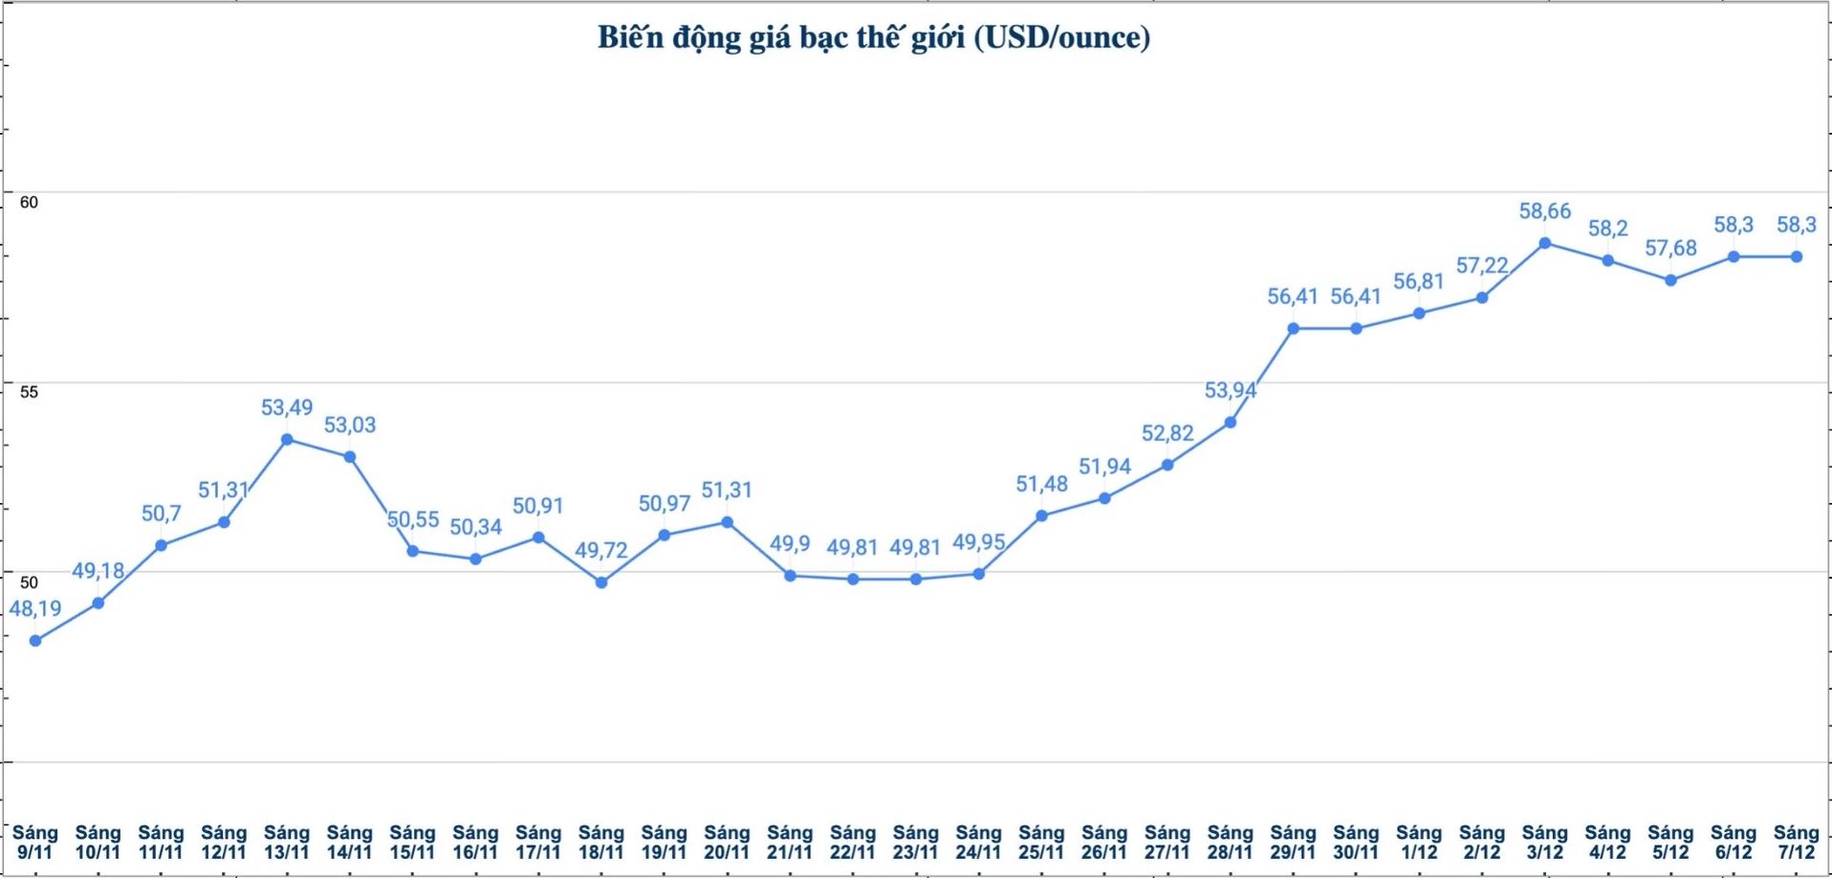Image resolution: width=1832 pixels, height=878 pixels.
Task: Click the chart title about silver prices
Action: click(x=874, y=37)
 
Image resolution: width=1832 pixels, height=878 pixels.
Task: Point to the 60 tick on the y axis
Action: click(x=29, y=202)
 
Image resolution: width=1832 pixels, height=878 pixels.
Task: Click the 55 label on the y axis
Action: click(x=29, y=392)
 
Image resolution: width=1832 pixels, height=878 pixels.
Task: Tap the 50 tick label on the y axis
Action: click(x=29, y=582)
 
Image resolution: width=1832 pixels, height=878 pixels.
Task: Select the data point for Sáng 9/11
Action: click(x=35, y=641)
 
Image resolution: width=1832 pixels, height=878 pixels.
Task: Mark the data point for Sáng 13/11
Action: click(x=287, y=440)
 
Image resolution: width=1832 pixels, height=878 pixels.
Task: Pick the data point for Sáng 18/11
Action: click(x=601, y=582)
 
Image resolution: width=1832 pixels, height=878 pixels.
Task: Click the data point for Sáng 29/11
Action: click(x=1293, y=329)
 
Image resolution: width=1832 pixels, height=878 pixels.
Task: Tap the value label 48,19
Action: click(x=35, y=608)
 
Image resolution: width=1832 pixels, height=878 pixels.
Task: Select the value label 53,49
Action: click(x=287, y=407)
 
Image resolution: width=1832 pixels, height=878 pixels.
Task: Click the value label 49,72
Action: click(x=601, y=550)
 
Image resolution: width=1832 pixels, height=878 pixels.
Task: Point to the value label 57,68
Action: click(x=1670, y=249)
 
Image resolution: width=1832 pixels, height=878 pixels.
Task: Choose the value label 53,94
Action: click(x=1230, y=390)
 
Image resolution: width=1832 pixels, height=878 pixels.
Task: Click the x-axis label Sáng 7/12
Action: click(x=1796, y=842)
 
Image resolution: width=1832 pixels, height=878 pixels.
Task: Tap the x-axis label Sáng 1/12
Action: click(x=1419, y=842)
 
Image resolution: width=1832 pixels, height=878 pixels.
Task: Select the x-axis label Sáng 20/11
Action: click(x=727, y=842)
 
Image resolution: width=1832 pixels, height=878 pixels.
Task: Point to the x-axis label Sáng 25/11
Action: click(x=1041, y=842)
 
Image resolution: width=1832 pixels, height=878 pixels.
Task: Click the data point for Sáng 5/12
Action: click(x=1670, y=280)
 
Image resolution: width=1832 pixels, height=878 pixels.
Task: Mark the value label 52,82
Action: click(x=1167, y=433)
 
